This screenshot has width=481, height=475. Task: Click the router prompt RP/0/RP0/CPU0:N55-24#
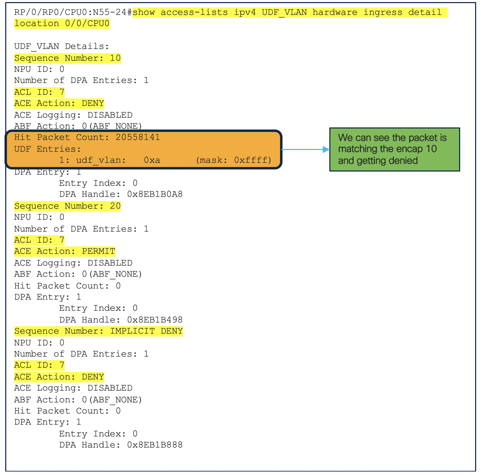(x=73, y=12)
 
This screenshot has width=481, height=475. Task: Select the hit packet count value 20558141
(x=138, y=137)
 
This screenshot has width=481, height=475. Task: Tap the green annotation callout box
(x=394, y=149)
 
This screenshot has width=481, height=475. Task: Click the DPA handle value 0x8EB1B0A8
(x=155, y=194)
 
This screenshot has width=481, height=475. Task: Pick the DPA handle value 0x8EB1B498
(x=155, y=319)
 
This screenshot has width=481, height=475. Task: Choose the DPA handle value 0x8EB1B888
(x=155, y=445)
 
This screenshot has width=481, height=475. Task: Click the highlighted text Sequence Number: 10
(x=67, y=58)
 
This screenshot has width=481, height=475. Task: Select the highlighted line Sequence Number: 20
(x=67, y=206)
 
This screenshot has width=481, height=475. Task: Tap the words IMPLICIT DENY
(x=146, y=331)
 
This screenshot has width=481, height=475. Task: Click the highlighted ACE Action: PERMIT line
(x=65, y=251)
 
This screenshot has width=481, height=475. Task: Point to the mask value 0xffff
(x=251, y=160)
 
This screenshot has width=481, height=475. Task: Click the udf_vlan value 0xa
(x=152, y=160)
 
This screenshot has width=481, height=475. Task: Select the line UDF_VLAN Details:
(x=61, y=46)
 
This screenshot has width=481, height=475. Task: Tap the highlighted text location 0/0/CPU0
(x=62, y=24)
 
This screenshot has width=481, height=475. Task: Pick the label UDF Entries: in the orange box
(x=48, y=149)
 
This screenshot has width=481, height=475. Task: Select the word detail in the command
(x=425, y=12)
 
